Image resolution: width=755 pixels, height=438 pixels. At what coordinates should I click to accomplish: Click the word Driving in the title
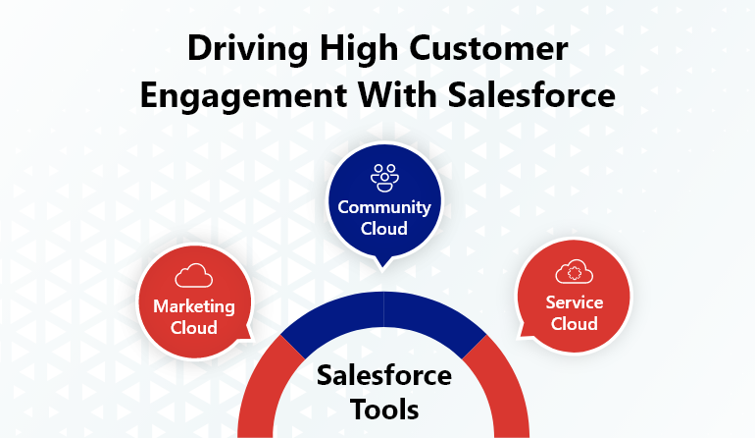click(247, 50)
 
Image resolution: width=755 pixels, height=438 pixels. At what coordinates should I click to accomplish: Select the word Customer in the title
click(489, 48)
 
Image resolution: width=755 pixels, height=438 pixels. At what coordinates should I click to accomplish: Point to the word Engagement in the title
click(243, 96)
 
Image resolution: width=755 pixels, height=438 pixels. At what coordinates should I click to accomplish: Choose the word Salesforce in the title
click(531, 94)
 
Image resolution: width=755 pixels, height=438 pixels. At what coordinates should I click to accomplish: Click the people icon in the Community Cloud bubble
click(384, 178)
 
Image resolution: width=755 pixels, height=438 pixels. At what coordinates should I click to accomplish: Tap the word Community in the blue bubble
click(384, 208)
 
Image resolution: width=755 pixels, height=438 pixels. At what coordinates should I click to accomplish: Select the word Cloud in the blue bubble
click(384, 228)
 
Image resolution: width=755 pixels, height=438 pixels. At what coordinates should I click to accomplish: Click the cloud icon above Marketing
click(194, 275)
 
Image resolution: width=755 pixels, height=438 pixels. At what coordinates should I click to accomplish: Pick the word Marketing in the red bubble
click(194, 306)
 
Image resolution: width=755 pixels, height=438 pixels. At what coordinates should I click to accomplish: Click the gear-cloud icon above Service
click(574, 272)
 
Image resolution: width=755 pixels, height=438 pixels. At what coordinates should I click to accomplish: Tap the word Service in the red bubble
click(575, 302)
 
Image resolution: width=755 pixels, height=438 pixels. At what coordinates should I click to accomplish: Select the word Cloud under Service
click(575, 324)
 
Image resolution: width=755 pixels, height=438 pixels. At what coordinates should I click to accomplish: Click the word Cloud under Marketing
click(194, 328)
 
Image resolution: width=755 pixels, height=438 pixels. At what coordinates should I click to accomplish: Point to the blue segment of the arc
click(383, 309)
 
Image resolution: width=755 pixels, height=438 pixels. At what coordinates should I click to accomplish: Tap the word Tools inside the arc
click(384, 411)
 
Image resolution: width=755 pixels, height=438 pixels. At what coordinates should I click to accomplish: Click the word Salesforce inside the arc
click(384, 375)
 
